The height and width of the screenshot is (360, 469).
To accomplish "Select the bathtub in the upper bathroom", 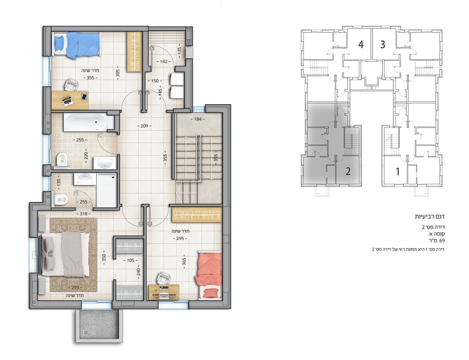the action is coord(85,122).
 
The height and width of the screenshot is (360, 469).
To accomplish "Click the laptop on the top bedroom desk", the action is coord(68,102).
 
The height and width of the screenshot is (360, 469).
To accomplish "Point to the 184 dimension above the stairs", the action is coord(198,119).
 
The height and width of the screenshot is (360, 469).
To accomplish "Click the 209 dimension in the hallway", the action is coord(144,126).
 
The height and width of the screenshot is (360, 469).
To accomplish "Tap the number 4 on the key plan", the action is coord(361,45).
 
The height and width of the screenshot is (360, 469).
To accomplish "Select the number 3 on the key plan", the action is coord(383,45).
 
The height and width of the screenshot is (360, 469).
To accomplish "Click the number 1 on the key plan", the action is coord(398,172).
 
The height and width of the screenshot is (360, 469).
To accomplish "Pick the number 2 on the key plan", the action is coord(348,171).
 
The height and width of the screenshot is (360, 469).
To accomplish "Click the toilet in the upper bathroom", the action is coord(62,160).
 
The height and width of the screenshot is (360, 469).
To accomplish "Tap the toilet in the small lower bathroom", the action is coord(61,199).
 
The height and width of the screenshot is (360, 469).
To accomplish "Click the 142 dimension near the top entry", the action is coord(164,62).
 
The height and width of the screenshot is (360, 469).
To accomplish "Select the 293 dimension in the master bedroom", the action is coord(76,288).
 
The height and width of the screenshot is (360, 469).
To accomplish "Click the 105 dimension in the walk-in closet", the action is coord(131,260).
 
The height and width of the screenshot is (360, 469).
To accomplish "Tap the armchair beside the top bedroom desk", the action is coord(71,85).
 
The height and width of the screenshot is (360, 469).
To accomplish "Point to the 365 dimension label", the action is coord(184,262).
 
